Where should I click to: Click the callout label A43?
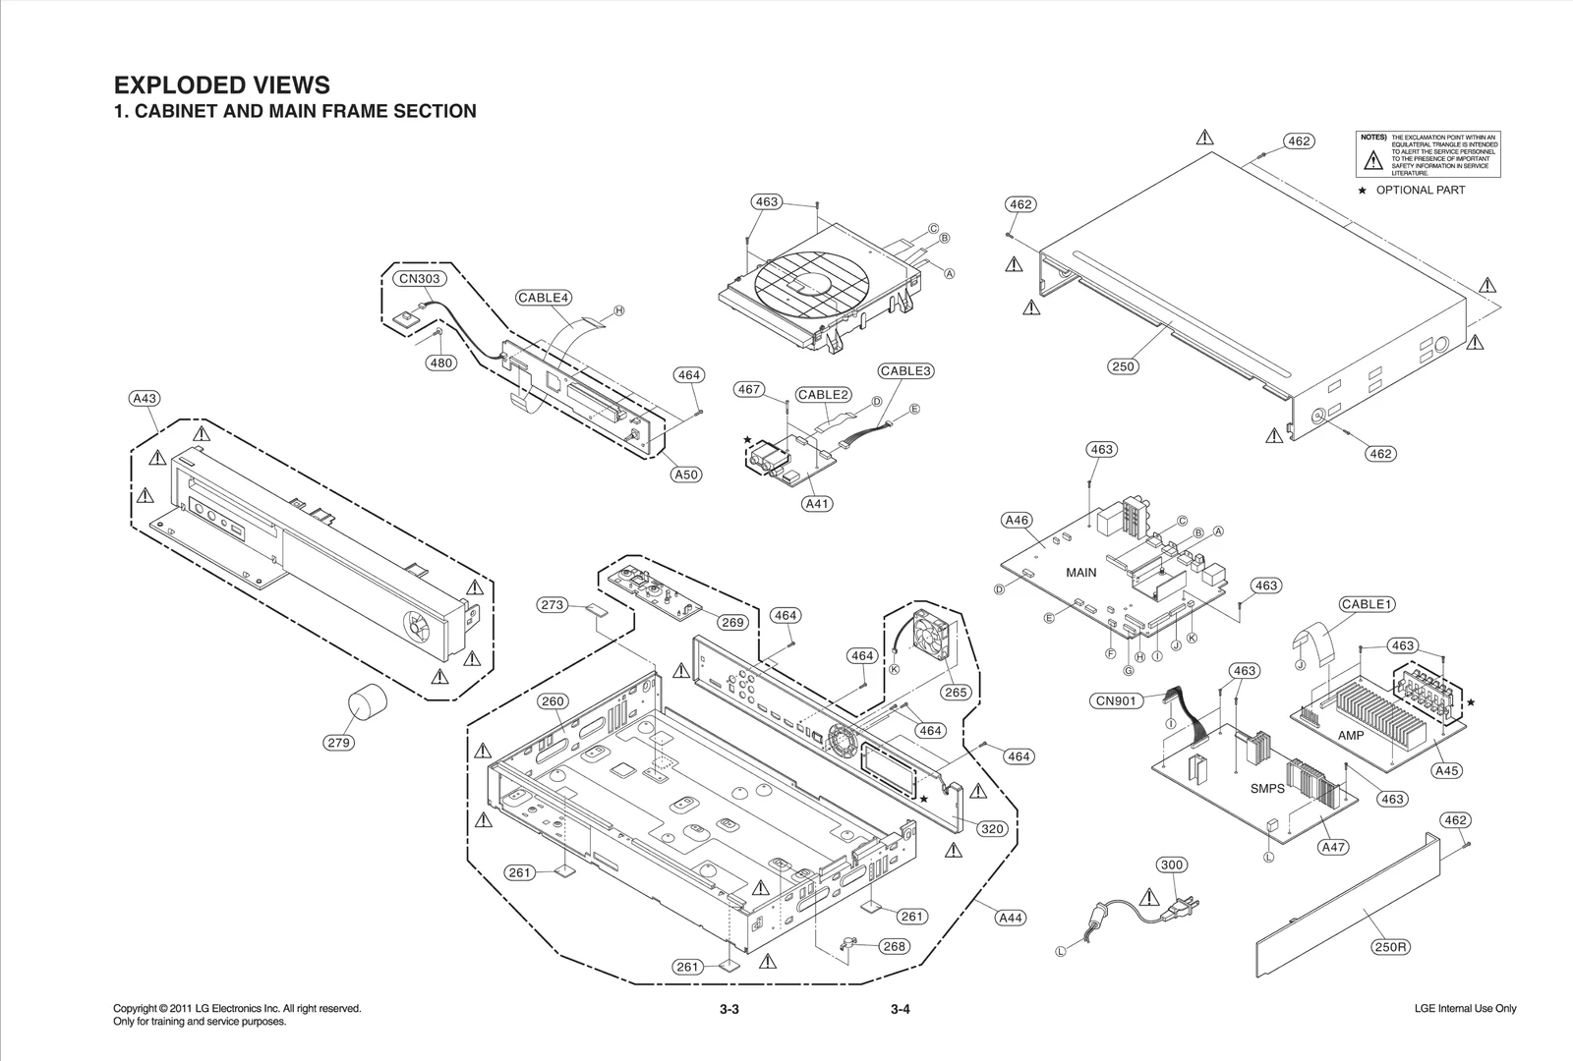click(145, 399)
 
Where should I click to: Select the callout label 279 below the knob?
click(338, 743)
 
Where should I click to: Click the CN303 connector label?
click(420, 279)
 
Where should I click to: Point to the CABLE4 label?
click(544, 298)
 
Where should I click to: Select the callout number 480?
click(441, 363)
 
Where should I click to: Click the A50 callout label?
click(686, 475)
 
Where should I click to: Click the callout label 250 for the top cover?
click(1123, 366)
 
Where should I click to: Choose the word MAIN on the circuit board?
click(1080, 572)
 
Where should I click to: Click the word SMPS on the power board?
click(1267, 788)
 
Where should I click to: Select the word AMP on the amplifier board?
click(1351, 735)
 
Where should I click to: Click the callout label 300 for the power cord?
click(1172, 866)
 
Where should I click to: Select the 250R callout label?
click(1390, 947)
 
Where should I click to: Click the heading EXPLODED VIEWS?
click(222, 85)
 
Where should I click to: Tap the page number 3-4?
click(901, 1010)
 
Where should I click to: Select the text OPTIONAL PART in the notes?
click(1420, 191)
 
